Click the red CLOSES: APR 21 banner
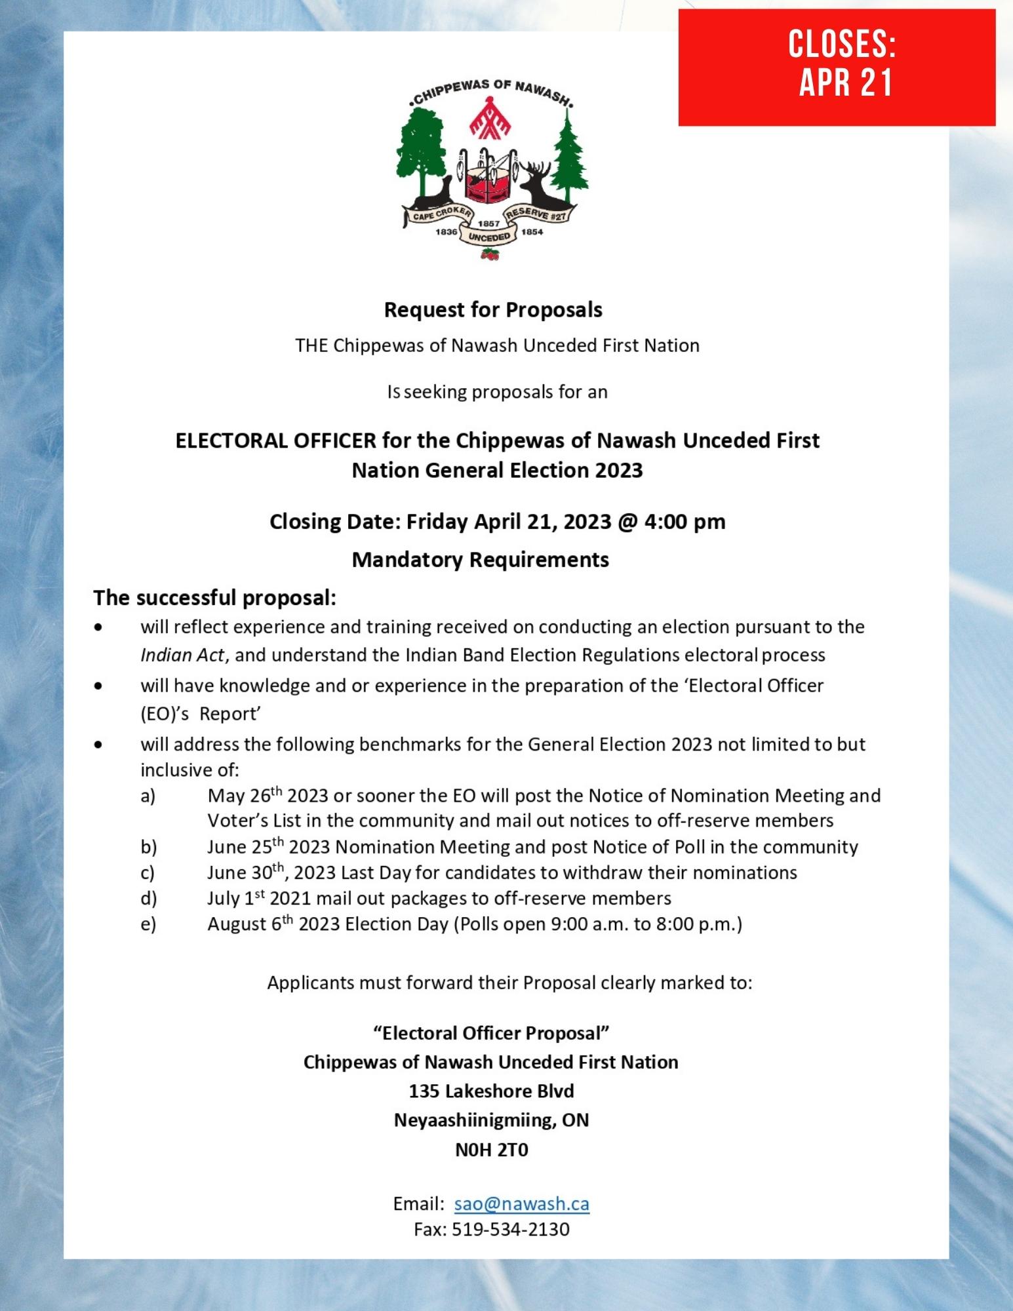click(x=837, y=67)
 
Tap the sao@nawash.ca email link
click(x=521, y=1203)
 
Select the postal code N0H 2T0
click(x=492, y=1150)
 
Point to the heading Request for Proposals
click(x=493, y=309)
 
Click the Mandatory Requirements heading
click(x=481, y=559)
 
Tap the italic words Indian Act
click(x=182, y=655)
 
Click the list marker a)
click(x=148, y=796)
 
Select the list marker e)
click(x=148, y=924)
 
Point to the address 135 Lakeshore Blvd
click(x=492, y=1091)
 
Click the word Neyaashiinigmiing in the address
click(x=474, y=1120)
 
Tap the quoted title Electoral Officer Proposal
click(x=492, y=1033)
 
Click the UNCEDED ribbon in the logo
click(x=489, y=237)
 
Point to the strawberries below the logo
click(x=490, y=255)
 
